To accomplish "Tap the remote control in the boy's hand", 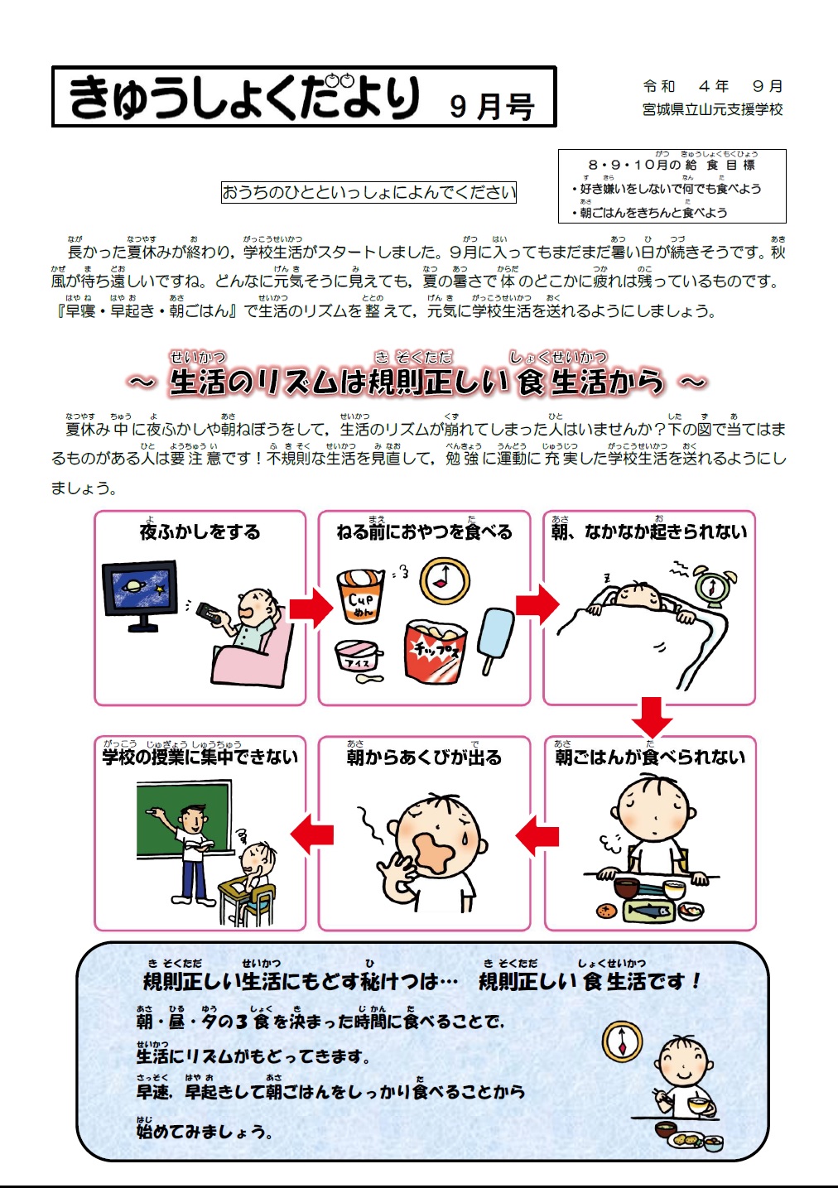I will click(209, 613).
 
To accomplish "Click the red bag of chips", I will click(436, 650).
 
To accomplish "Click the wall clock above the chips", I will click(445, 580).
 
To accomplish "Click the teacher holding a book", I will click(191, 853).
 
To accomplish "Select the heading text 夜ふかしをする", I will click(200, 531).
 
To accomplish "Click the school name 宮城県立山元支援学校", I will click(712, 109).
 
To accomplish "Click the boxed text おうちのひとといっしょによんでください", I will click(368, 192).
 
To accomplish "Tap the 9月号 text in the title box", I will click(492, 106).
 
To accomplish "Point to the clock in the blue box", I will click(622, 1041).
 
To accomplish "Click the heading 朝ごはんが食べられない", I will click(650, 757).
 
